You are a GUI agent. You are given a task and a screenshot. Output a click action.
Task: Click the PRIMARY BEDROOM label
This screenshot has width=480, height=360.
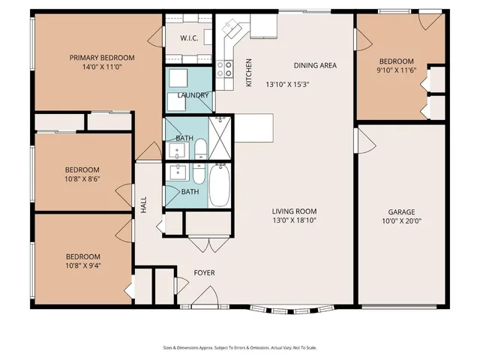pos(102,58)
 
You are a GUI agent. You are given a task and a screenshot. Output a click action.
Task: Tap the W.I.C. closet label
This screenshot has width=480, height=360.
pos(188,37)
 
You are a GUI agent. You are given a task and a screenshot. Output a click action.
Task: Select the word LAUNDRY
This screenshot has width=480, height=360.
pos(192,95)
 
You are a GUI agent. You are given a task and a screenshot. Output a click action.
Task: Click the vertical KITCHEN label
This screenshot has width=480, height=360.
pos(249,73)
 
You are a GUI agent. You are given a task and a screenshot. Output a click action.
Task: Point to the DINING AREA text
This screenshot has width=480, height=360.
pos(315,65)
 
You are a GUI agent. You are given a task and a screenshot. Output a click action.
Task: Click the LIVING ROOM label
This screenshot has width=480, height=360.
pos(294,211)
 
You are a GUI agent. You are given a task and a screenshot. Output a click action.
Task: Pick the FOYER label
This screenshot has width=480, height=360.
pos(204,272)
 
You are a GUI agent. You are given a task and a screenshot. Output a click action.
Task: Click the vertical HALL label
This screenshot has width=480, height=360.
pos(143,205)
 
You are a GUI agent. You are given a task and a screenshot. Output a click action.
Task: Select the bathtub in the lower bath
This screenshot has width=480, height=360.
pos(219,185)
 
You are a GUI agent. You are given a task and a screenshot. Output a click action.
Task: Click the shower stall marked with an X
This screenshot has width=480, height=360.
pos(220,139)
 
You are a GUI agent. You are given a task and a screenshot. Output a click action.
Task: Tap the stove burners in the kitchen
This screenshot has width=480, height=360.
pos(224,69)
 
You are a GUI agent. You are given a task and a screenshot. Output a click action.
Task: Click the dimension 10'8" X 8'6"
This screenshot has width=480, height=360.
pos(82,179)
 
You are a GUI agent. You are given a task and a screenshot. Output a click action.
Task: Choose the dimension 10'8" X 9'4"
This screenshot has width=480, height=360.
pos(82,265)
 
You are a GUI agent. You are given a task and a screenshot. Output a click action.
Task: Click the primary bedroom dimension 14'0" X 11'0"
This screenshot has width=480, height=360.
pos(102,67)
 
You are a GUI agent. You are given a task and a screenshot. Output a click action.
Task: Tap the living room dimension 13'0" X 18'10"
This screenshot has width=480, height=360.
pos(294,221)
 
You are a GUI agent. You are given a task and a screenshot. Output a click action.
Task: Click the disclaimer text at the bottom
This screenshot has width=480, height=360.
pos(240,348)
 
